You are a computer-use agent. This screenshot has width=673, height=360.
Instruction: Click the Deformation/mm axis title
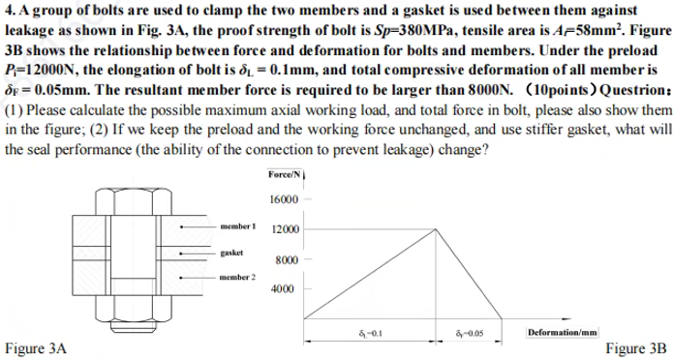tap(563, 332)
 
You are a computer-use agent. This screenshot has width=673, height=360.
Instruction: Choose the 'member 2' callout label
tap(237, 276)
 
